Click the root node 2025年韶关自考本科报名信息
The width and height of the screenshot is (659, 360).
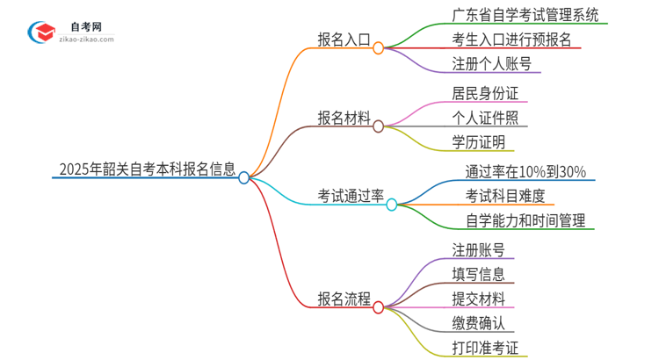click(147, 169)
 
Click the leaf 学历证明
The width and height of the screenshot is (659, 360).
click(478, 142)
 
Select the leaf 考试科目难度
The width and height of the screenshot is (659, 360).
click(505, 195)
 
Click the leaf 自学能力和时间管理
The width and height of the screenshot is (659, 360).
click(525, 220)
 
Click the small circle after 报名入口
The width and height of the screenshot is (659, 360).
click(378, 49)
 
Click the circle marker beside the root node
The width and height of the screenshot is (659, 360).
click(244, 177)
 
